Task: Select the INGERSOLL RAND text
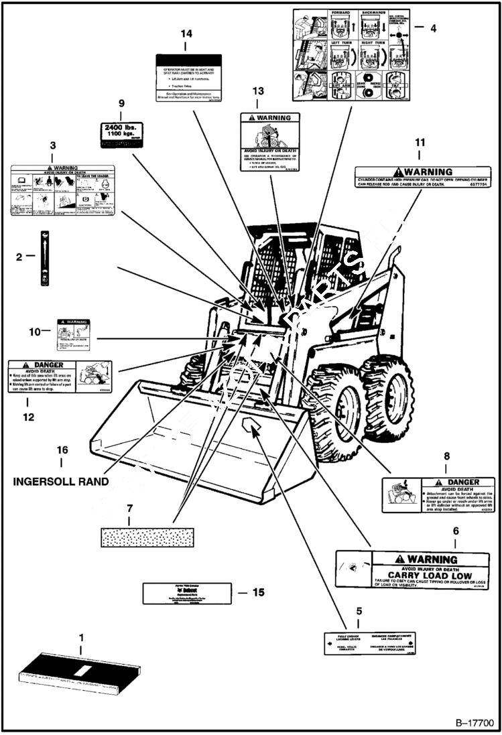coord(61,480)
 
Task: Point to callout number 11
coord(420,143)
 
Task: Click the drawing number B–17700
coord(474,724)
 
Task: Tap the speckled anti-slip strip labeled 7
coord(146,537)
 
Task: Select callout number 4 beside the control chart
coord(434,28)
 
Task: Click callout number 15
coord(257,592)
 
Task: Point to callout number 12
coord(27,416)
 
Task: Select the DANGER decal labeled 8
coord(438,495)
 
